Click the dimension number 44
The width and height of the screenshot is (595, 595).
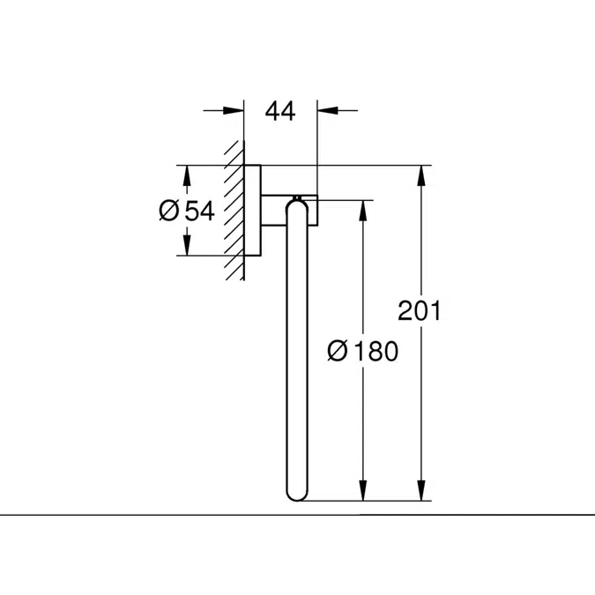[x=279, y=110]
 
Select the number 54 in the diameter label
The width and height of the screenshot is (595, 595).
[x=199, y=211]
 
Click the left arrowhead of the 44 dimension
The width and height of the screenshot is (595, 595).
[x=235, y=110]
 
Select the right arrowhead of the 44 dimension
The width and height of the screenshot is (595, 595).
[x=324, y=110]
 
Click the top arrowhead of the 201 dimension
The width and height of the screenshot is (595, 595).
[x=422, y=175]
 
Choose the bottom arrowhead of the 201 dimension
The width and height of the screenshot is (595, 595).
[x=422, y=492]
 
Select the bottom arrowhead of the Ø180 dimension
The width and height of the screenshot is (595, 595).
[x=361, y=492]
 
